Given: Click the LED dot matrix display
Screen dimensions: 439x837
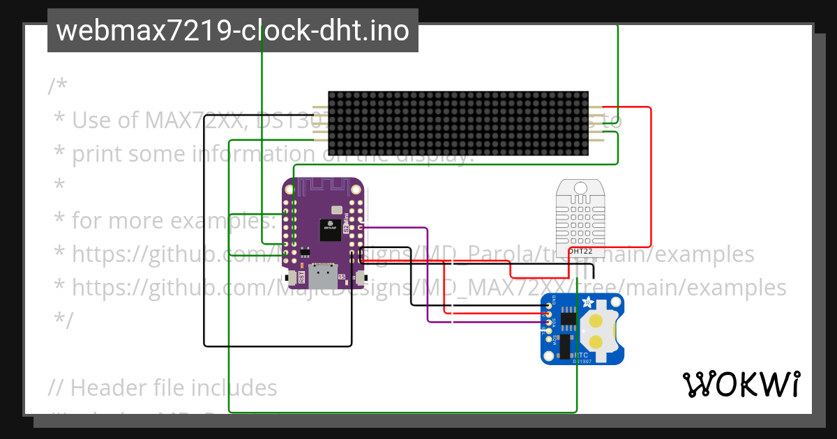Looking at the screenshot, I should point(458,123).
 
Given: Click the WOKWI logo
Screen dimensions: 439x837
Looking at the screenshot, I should point(741,384).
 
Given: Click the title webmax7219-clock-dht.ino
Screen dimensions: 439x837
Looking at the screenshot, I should point(232,31).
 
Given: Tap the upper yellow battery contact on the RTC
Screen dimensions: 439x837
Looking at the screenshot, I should point(596,321).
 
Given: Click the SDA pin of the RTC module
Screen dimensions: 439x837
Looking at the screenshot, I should point(548,321).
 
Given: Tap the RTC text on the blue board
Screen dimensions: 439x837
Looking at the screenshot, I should point(581,354).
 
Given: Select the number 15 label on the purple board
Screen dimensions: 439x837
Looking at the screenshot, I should point(341,277).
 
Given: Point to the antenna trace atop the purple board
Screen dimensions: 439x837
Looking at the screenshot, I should point(323,187).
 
